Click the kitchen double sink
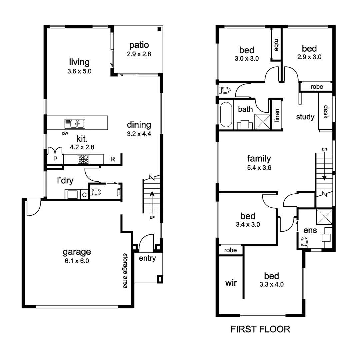pyautogui.click(x=75, y=124)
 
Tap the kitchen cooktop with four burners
pyautogui.click(x=83, y=159)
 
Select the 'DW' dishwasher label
pyautogui.click(x=65, y=134)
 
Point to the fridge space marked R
pyautogui.click(x=113, y=159)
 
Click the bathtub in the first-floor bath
pyautogui.click(x=226, y=115)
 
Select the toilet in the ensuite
pyautogui.click(x=304, y=242)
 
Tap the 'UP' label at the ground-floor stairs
pyautogui.click(x=152, y=217)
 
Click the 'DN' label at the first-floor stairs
pyautogui.click(x=325, y=149)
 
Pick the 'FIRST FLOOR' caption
pyautogui.click(x=260, y=330)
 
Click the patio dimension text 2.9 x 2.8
pyautogui.click(x=139, y=54)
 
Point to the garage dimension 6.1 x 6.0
pyautogui.click(x=77, y=261)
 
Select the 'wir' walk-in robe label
pyautogui.click(x=231, y=283)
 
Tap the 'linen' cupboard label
pyautogui.click(x=276, y=115)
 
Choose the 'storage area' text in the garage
pyautogui.click(x=125, y=270)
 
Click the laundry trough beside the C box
pyautogui.click(x=72, y=194)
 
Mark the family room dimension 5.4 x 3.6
pyautogui.click(x=259, y=168)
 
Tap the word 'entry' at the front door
pyautogui.click(x=147, y=258)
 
